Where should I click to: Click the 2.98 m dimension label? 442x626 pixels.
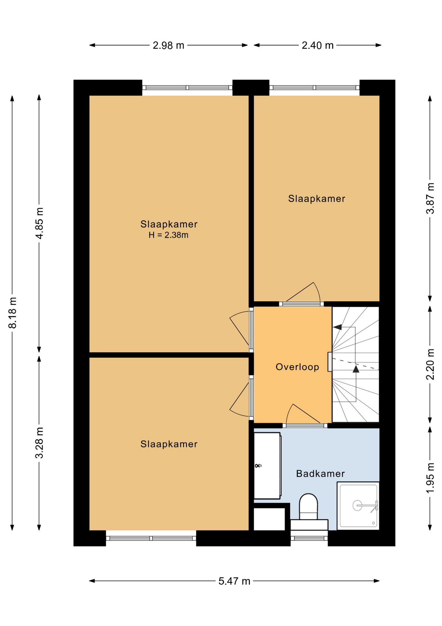click(x=168, y=45)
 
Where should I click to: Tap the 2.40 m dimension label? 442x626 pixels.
click(x=317, y=45)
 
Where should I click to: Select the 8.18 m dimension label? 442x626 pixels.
click(x=12, y=312)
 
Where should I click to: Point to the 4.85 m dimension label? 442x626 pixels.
click(x=39, y=223)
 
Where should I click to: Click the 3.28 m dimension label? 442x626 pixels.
click(x=39, y=442)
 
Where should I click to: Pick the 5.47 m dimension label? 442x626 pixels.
click(x=234, y=581)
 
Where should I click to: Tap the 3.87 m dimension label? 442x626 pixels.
click(x=430, y=198)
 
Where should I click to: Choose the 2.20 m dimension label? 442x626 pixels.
click(x=430, y=364)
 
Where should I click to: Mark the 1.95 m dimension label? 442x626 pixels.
click(x=430, y=478)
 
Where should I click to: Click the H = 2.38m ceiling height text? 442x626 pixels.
click(x=168, y=235)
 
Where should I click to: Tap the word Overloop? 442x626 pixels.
click(x=297, y=367)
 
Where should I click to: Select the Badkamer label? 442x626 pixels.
click(x=320, y=473)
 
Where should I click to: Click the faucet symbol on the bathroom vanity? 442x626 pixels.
click(x=258, y=466)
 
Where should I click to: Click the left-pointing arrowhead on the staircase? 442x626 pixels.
click(x=338, y=327)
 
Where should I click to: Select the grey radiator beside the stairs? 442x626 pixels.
click(x=330, y=362)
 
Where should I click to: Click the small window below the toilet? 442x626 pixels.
click(x=309, y=538)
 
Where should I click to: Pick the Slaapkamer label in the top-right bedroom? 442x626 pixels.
click(x=316, y=199)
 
